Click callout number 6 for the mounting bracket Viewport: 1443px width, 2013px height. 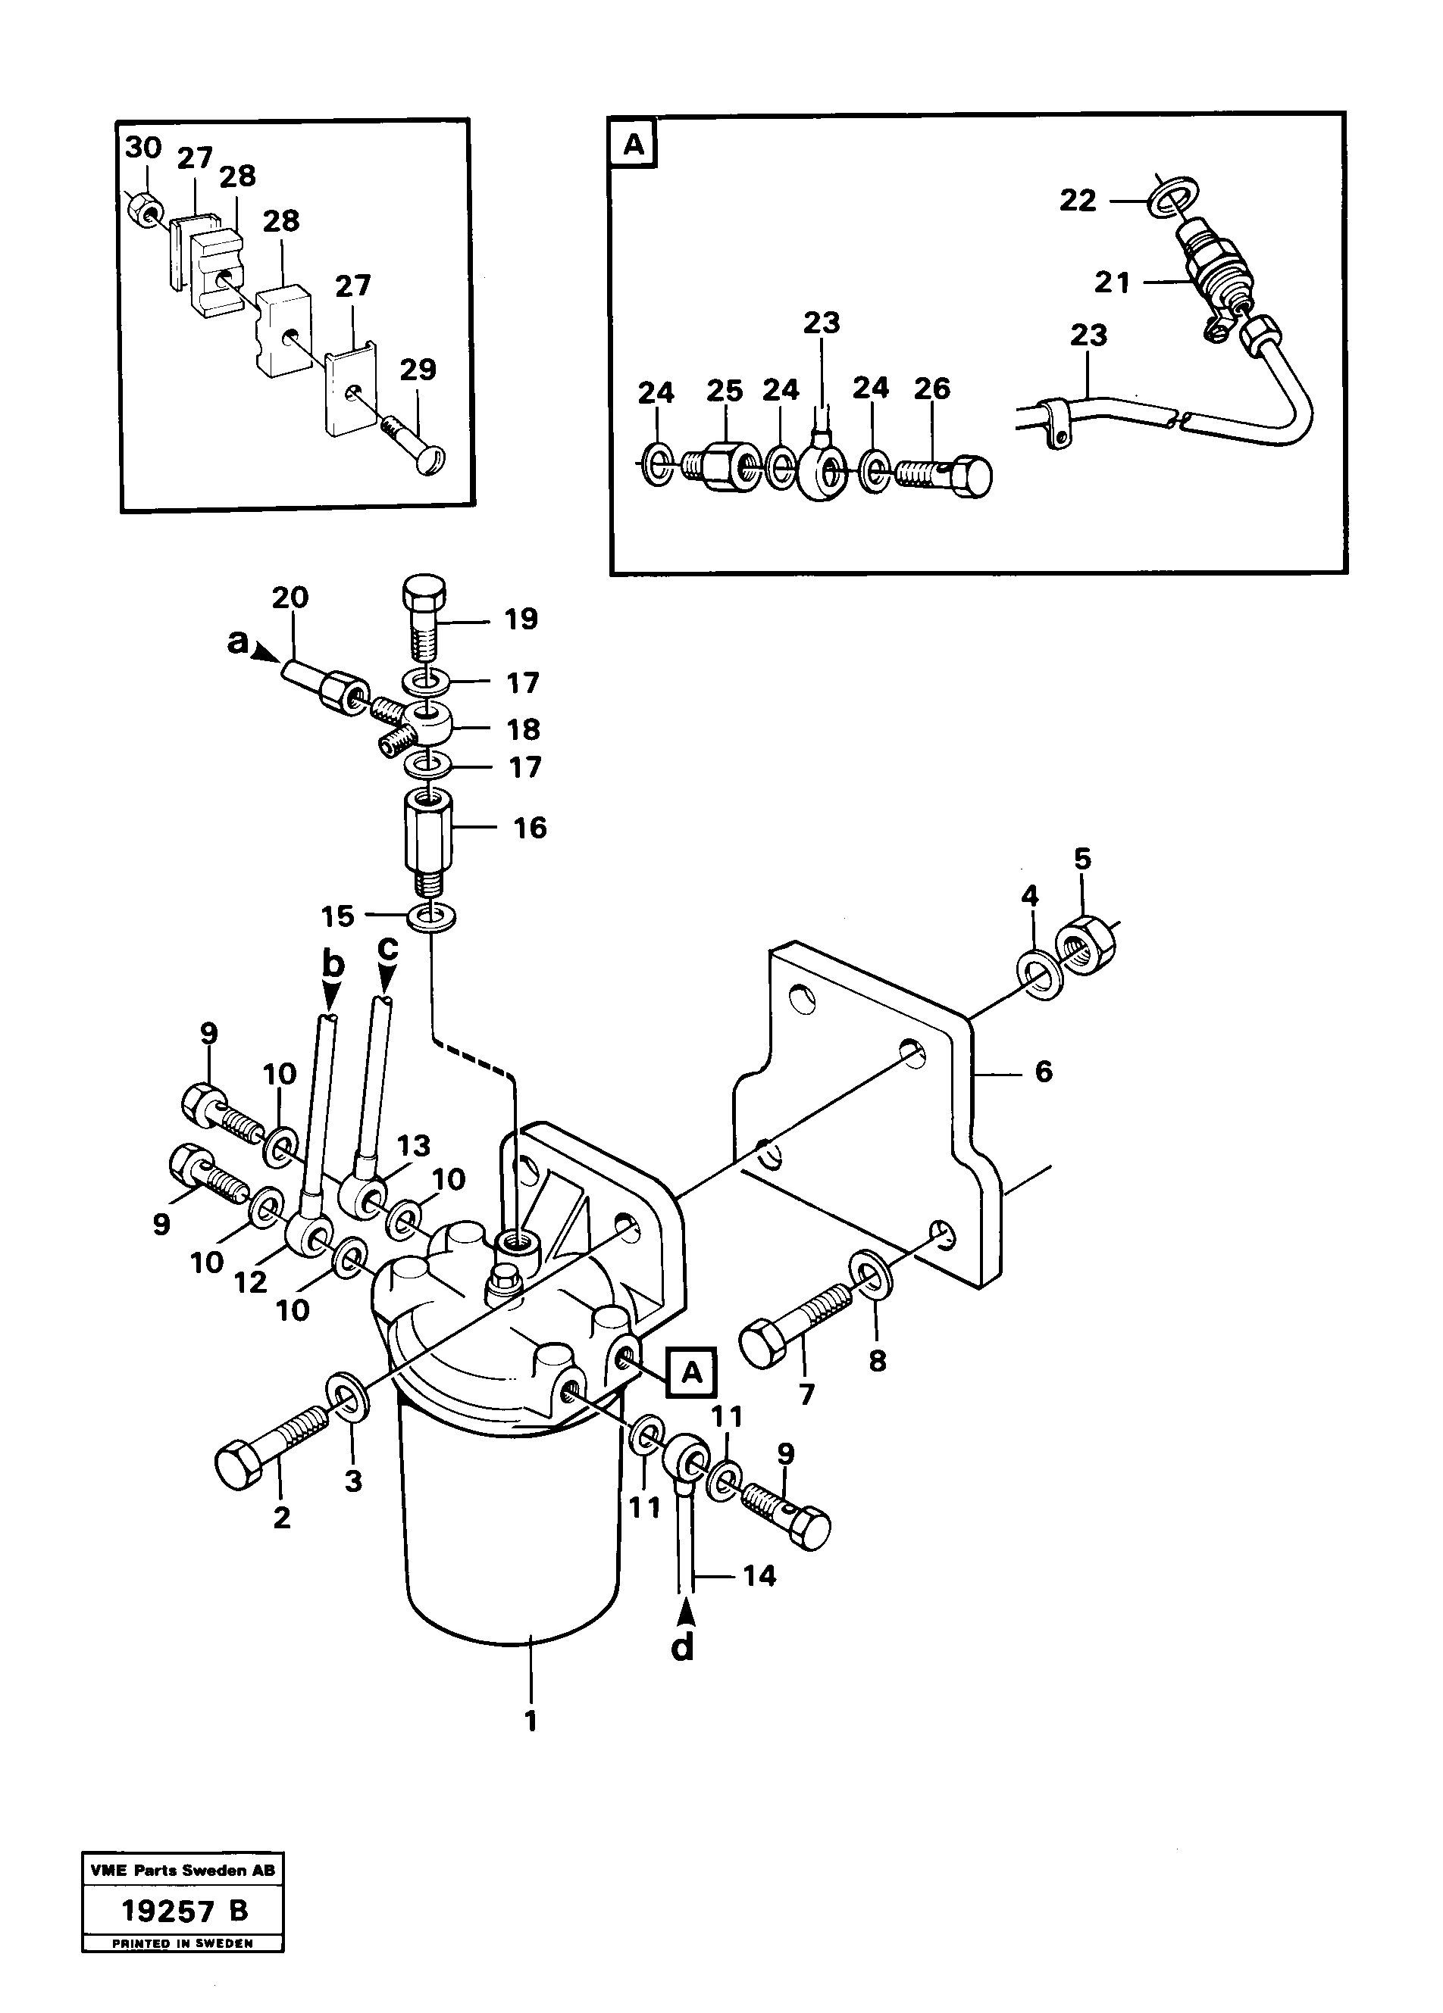(1044, 1072)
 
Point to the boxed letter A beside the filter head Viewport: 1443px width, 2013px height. (692, 1372)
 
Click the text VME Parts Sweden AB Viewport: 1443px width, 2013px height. (183, 1870)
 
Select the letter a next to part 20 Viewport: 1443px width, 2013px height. (238, 641)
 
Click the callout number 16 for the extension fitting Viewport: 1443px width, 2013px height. (531, 827)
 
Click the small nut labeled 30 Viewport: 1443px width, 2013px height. (142, 210)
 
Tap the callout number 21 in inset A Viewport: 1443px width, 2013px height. (1112, 282)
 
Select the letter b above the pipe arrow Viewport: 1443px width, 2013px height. (332, 964)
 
